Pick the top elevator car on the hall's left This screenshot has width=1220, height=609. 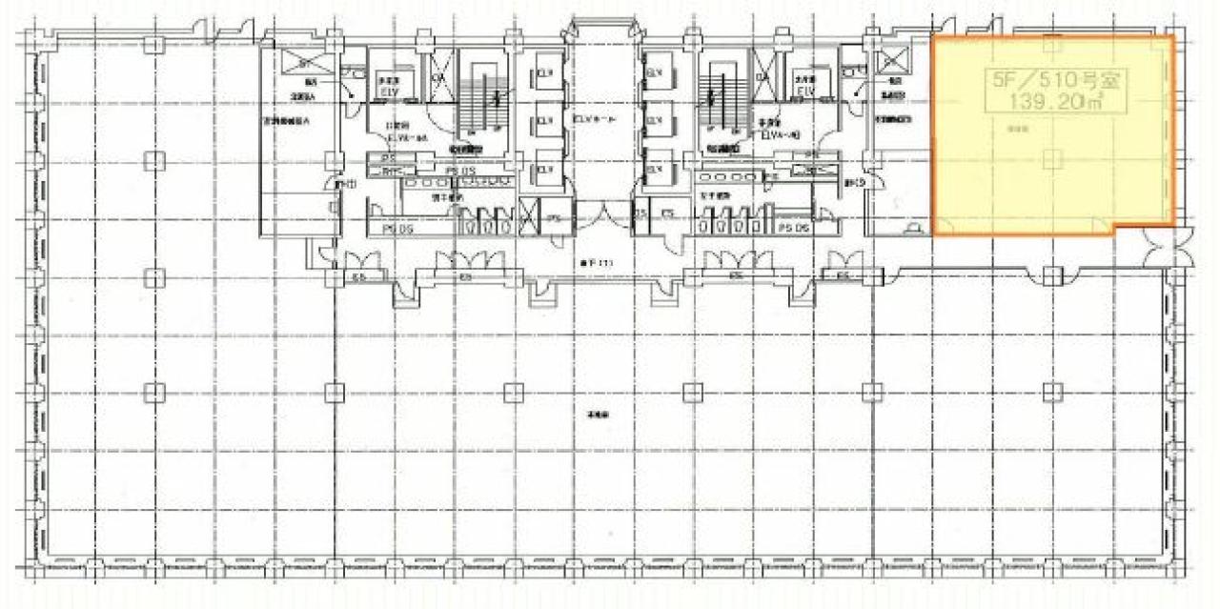(544, 73)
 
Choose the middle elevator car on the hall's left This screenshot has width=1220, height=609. (544, 121)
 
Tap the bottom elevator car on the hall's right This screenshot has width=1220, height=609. (656, 169)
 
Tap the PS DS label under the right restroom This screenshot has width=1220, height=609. (793, 229)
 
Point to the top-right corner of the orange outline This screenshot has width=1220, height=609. (1173, 38)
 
